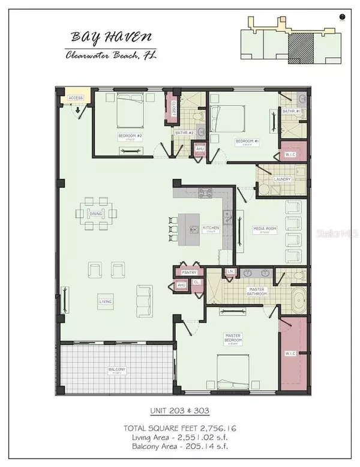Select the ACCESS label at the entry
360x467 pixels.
tap(76, 98)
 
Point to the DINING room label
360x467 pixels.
tap(96, 214)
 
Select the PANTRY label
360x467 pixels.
tap(190, 272)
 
